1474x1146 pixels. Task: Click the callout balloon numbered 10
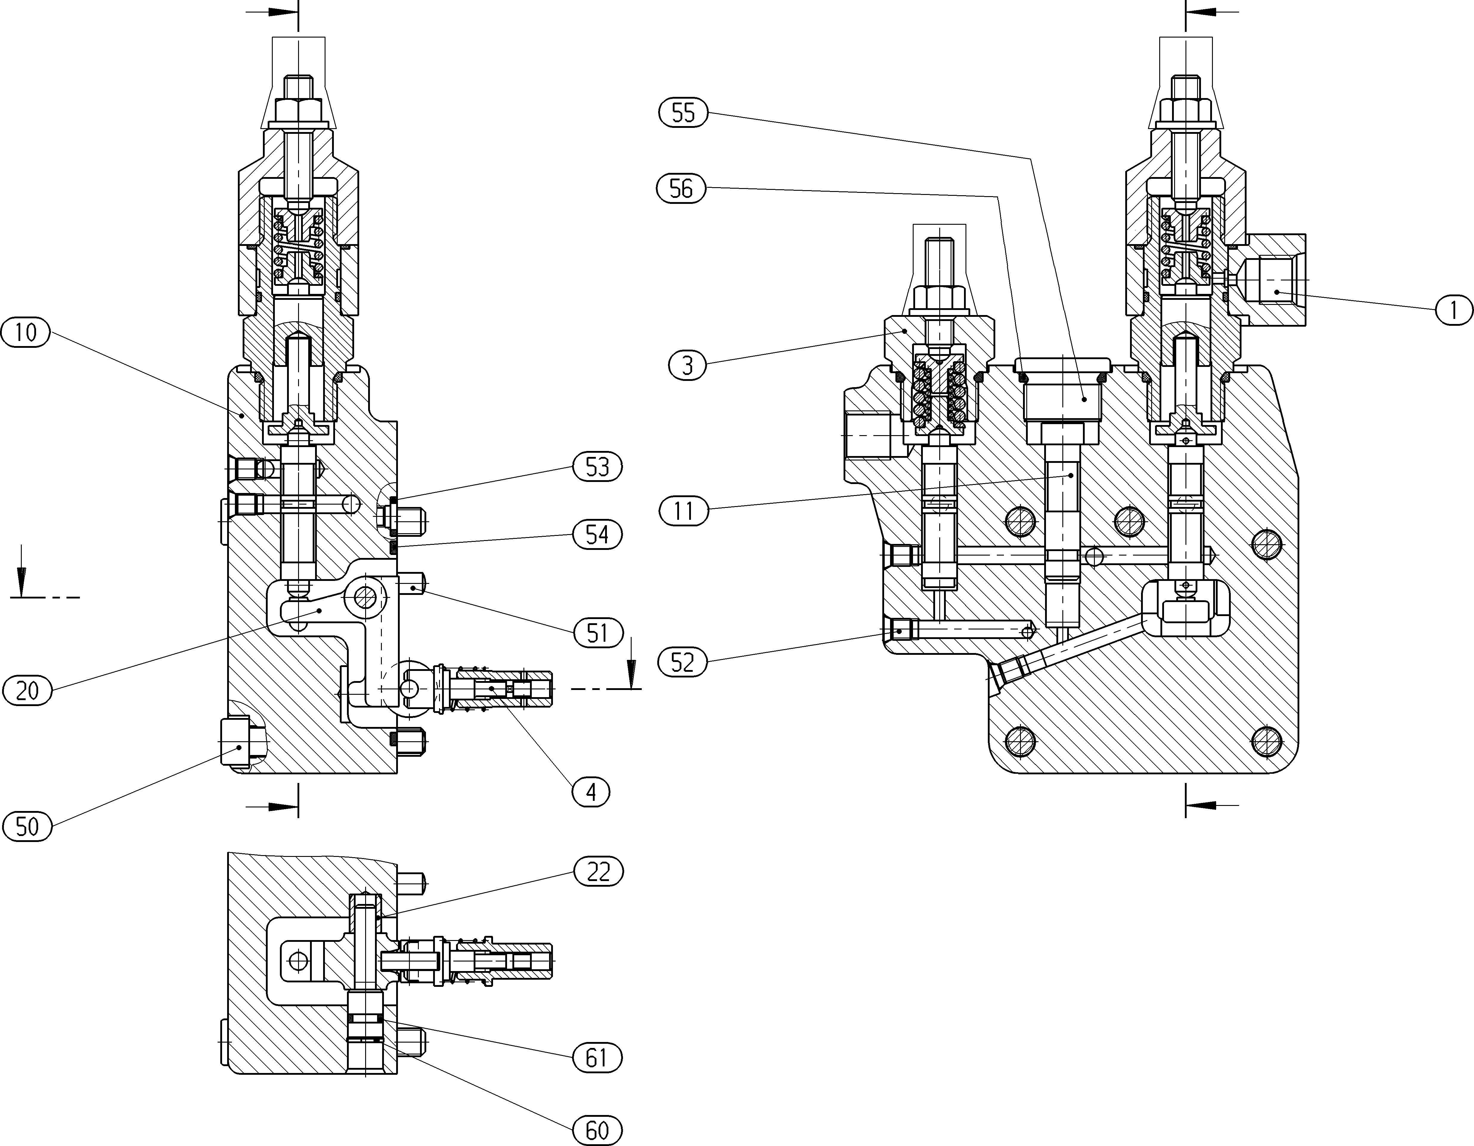coord(26,333)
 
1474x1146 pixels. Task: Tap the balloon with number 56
coord(681,188)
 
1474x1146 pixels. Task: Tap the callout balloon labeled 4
coord(591,792)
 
